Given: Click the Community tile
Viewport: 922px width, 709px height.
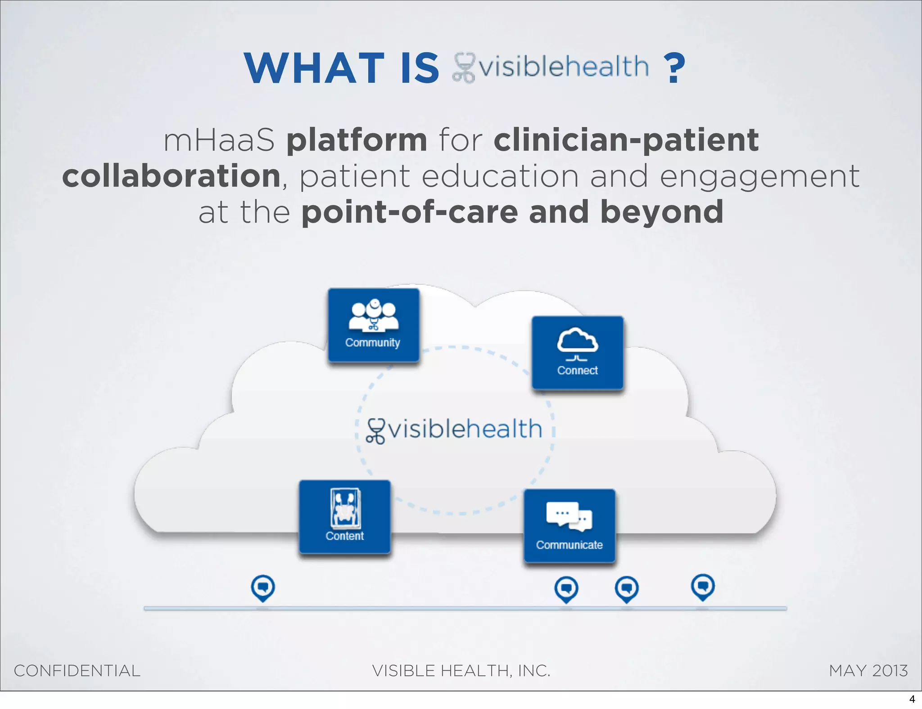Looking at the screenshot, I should tap(374, 325).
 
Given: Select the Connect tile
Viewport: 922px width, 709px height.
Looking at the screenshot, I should tap(578, 353).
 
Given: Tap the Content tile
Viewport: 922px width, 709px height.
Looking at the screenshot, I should tap(345, 517).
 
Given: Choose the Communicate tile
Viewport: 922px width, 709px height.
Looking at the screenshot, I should tap(569, 526).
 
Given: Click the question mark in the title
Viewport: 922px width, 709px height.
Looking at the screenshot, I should tap(674, 68).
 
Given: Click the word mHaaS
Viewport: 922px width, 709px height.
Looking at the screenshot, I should tap(219, 140).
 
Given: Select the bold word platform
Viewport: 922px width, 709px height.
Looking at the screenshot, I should tap(357, 140).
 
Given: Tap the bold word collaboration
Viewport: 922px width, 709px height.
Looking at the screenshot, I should tap(172, 176).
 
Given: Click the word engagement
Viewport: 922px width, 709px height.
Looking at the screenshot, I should tap(759, 177).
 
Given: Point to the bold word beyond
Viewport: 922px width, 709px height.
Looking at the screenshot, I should tap(662, 212).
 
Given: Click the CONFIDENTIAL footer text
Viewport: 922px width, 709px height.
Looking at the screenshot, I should tap(77, 671).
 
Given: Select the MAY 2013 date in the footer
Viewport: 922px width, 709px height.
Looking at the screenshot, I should tap(868, 671).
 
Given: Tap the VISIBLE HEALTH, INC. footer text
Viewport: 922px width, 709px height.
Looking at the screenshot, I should tap(461, 671).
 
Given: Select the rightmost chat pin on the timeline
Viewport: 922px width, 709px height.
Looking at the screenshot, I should tap(703, 587).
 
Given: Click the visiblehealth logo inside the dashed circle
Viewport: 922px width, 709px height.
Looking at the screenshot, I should tap(454, 430).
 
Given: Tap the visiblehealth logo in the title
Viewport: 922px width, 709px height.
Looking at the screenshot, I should tap(551, 67).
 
